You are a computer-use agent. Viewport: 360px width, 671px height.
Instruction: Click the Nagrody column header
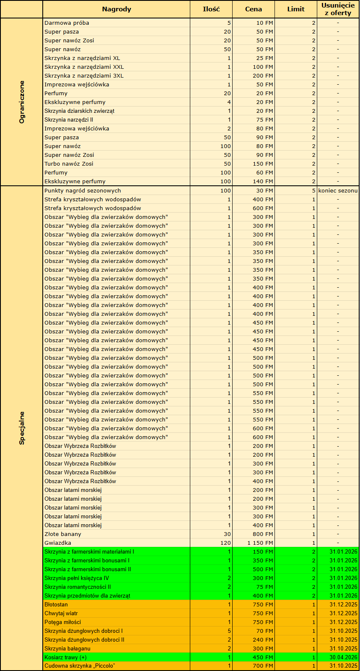[x=117, y=9]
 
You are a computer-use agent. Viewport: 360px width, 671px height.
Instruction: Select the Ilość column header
[x=211, y=9]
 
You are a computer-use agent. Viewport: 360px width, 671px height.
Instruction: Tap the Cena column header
[x=254, y=9]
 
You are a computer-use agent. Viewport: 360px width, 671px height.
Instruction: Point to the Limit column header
[x=296, y=9]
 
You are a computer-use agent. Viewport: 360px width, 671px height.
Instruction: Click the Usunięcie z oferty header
[x=338, y=9]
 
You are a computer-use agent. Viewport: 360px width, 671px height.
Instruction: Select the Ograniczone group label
[x=22, y=102]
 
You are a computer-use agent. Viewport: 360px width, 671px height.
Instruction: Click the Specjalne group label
[x=22, y=428]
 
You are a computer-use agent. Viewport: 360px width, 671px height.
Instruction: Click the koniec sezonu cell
[x=338, y=190]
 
